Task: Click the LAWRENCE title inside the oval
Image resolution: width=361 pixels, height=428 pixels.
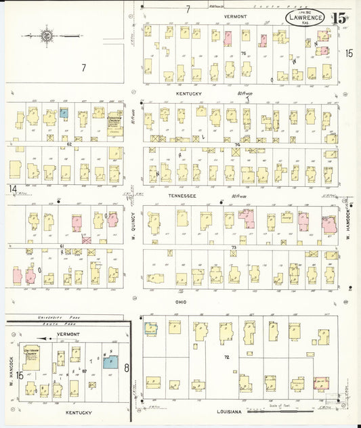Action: coord(304,17)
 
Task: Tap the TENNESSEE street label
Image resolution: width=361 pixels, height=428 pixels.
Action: coord(182,196)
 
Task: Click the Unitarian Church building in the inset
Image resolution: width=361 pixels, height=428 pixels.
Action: coord(31,358)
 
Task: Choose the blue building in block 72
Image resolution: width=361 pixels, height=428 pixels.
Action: coord(150,328)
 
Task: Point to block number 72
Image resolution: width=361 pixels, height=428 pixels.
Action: coord(227,357)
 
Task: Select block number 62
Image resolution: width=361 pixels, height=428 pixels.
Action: coord(69,144)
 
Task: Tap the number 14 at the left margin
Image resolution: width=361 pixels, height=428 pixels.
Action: coord(12,188)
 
